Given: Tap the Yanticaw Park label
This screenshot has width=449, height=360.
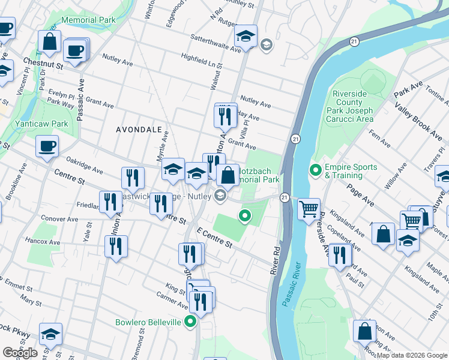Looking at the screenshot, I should pos(43,124).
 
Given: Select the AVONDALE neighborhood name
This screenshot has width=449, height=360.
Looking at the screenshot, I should pos(139,130).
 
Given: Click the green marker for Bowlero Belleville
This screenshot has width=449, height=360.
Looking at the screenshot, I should pos(191,322).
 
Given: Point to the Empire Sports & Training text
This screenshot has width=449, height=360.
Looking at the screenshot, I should pos(344,172).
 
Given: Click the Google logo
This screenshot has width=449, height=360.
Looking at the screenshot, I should pos(20,353).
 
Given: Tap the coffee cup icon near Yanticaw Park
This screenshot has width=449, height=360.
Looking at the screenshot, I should pos(47,146).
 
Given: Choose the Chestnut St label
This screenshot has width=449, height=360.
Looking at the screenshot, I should pos(43,62).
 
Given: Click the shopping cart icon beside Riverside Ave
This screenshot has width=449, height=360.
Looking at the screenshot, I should pos(309,209).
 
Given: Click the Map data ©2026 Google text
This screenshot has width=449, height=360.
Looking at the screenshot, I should pos(412,355).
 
